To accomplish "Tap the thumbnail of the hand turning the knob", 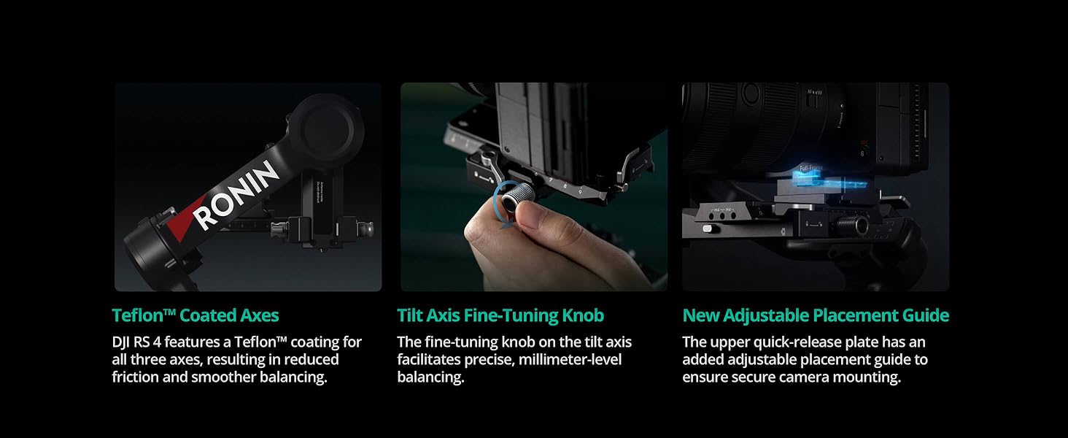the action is click(x=534, y=187).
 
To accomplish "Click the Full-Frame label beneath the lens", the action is click(x=811, y=168).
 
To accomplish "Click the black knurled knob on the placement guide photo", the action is click(x=852, y=225).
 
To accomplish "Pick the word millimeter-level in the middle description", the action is click(x=570, y=359).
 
